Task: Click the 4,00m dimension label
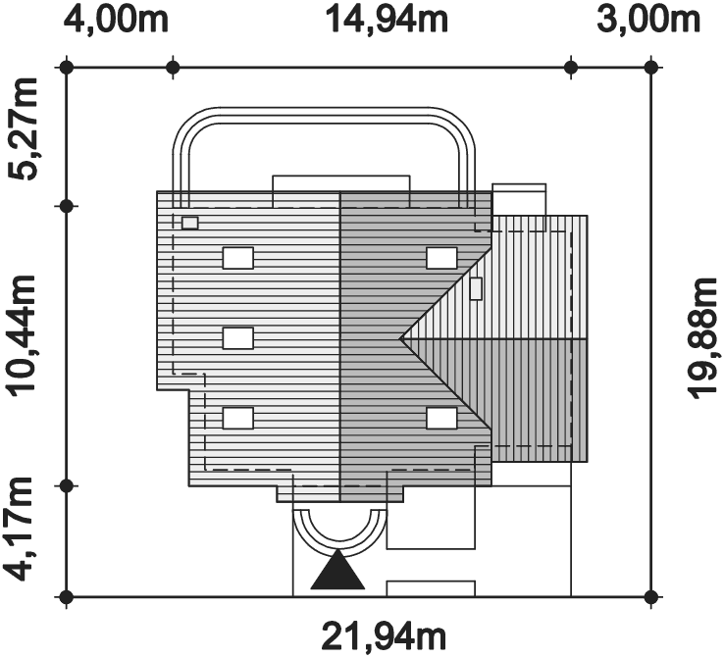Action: click(x=116, y=22)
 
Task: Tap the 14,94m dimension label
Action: click(x=387, y=22)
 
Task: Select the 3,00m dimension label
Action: click(x=647, y=22)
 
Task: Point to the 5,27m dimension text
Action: click(x=22, y=129)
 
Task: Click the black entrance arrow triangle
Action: click(x=338, y=570)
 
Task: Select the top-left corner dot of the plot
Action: click(x=67, y=68)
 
